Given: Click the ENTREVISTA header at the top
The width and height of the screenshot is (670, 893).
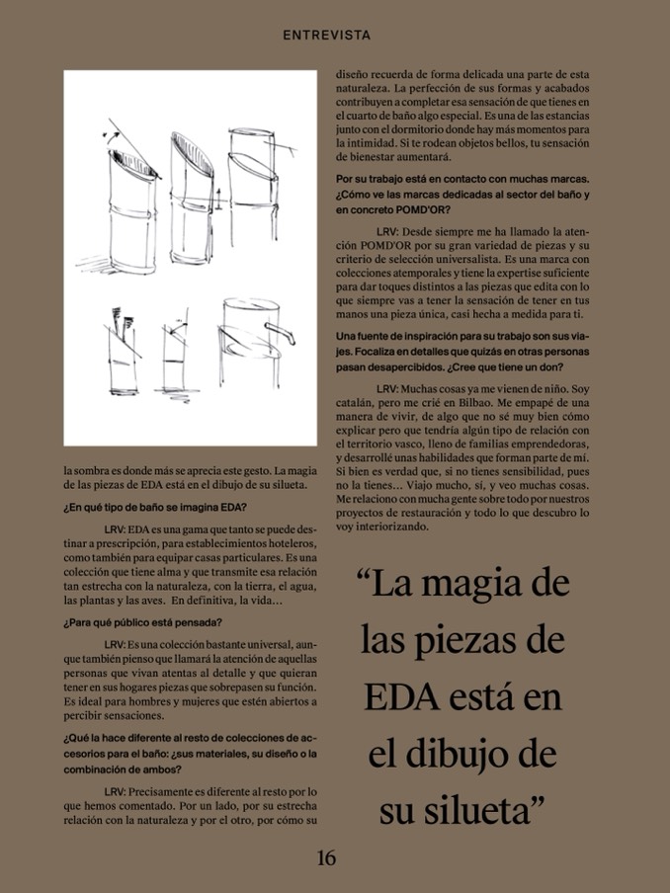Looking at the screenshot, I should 327,35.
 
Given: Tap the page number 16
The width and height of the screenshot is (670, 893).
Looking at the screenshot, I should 326,857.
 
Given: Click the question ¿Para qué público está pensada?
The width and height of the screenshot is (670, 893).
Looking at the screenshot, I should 142,622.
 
